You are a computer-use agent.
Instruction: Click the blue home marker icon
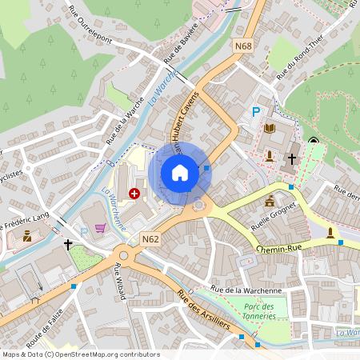coord(180,173)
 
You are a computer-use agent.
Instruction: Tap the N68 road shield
coord(243,46)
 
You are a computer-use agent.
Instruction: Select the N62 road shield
coord(150,238)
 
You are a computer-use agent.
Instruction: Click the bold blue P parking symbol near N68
coord(256,113)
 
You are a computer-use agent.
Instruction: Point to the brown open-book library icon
coord(270,128)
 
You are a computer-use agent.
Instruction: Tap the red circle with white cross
coord(134,194)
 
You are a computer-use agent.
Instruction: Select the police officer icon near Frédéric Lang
coord(27,236)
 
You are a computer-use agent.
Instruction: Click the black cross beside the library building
coord(292,158)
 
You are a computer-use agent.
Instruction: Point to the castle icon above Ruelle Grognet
coord(270,200)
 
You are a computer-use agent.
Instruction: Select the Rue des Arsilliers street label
coord(215,314)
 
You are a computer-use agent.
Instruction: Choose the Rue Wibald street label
coord(120,281)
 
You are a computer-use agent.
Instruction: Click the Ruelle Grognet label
coord(279,216)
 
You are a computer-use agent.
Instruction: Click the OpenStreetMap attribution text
coord(80,354)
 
